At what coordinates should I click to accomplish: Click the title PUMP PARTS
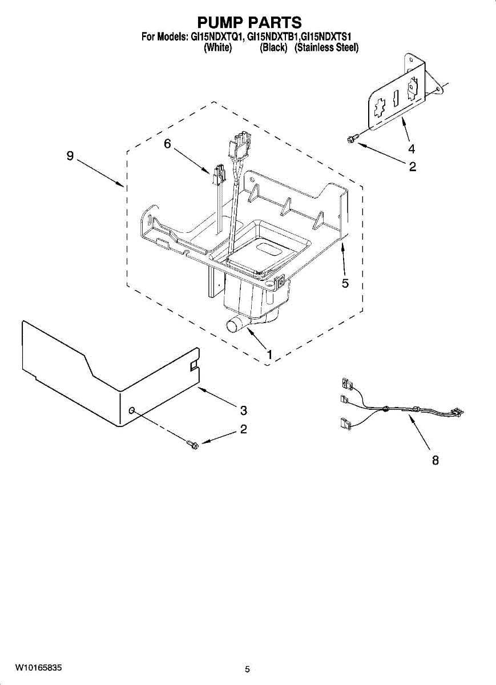point(249,23)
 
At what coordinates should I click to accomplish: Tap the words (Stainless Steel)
point(326,48)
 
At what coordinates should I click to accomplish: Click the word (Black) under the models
point(273,48)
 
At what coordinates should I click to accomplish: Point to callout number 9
point(70,156)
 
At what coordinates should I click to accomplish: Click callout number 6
point(167,144)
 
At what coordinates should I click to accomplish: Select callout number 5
point(345,283)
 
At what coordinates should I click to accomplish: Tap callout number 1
point(269,354)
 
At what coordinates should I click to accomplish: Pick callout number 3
point(244,410)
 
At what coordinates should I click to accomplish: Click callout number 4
point(411,149)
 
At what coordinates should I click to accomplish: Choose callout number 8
point(435,460)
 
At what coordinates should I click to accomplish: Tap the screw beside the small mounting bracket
point(352,138)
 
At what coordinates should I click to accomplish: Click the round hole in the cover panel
point(132,410)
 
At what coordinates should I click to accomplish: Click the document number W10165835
point(38,667)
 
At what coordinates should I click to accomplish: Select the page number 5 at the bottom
point(247,669)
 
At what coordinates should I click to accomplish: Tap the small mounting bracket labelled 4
point(398,97)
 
